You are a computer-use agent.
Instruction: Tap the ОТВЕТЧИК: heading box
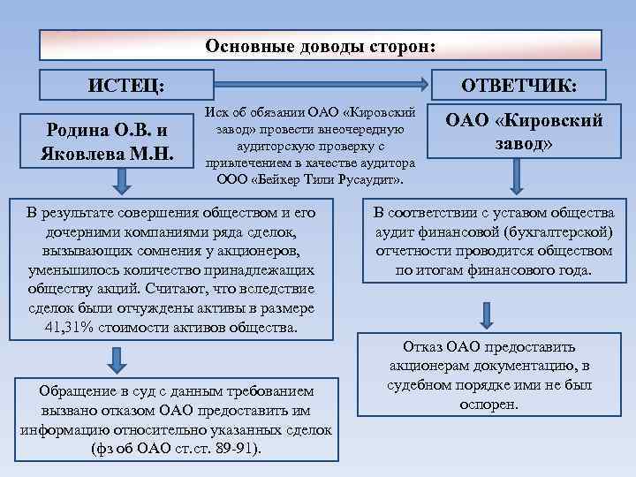click(x=523, y=86)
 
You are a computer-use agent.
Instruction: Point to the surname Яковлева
click(x=81, y=152)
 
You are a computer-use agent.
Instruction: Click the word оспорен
click(x=488, y=404)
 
